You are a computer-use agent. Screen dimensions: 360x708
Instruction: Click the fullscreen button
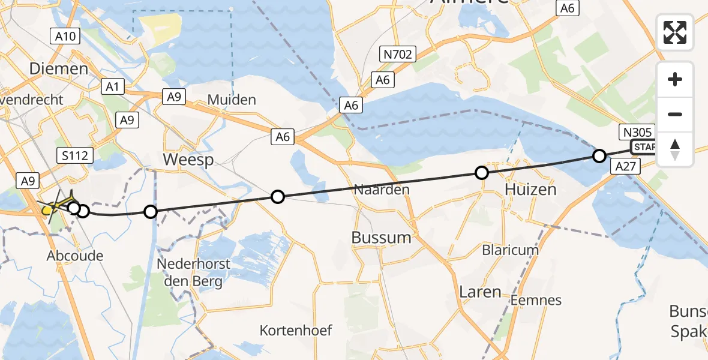(675, 32)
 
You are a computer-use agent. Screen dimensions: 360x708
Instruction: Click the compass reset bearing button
(675, 149)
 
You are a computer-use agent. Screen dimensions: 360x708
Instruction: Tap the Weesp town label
(188, 159)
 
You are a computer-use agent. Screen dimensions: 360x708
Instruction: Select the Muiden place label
(232, 100)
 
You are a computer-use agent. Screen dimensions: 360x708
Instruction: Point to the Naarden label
(382, 190)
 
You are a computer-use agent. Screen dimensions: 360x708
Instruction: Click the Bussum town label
(381, 237)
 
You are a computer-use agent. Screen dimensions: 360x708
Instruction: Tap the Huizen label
(530, 190)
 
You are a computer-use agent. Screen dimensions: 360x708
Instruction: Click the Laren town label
(480, 292)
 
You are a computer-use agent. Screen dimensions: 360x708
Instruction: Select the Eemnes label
(537, 300)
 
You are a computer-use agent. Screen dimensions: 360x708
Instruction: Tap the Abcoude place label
(75, 256)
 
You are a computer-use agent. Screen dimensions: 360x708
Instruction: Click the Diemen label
(59, 69)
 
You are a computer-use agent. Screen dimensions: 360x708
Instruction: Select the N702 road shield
(397, 55)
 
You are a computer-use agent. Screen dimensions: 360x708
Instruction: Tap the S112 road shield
(75, 156)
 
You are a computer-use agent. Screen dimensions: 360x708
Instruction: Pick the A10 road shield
(65, 37)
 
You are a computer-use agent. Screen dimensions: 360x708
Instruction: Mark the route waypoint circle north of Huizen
(482, 173)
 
